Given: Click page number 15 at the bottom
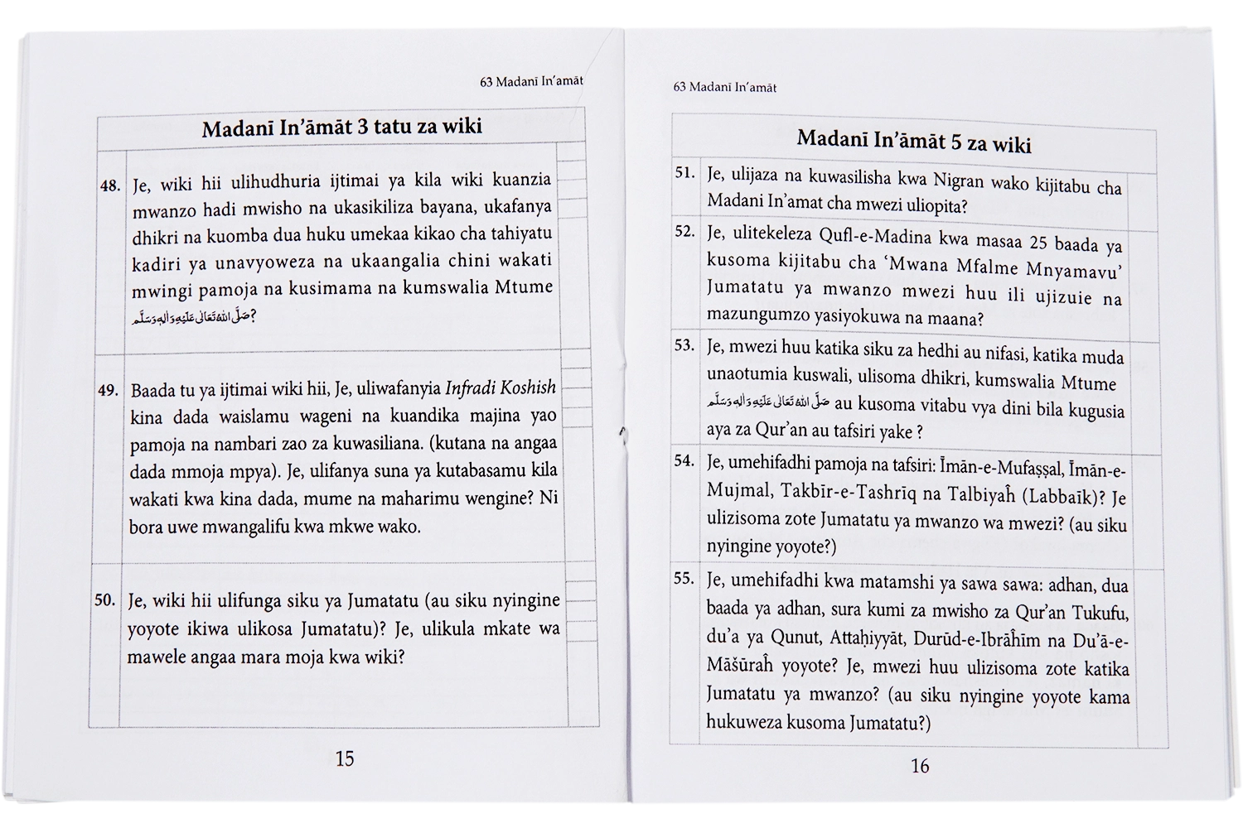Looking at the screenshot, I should click(345, 758).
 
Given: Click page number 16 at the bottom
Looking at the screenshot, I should click(920, 766).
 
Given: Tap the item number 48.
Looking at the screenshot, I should click(110, 186).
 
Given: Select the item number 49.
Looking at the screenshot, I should click(109, 390).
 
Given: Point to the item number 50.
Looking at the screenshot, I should click(105, 600).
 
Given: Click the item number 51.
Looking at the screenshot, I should click(684, 173).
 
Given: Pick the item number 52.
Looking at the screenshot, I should click(684, 231).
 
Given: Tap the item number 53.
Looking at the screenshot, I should click(684, 345).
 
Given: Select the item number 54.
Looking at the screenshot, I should click(684, 460).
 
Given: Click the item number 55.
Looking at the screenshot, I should click(684, 578).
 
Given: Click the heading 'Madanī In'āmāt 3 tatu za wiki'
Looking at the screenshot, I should click(341, 128).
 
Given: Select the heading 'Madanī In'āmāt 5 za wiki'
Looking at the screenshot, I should click(913, 141).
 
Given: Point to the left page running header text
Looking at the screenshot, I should click(531, 81).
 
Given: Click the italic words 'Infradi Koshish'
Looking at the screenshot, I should click(501, 388).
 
